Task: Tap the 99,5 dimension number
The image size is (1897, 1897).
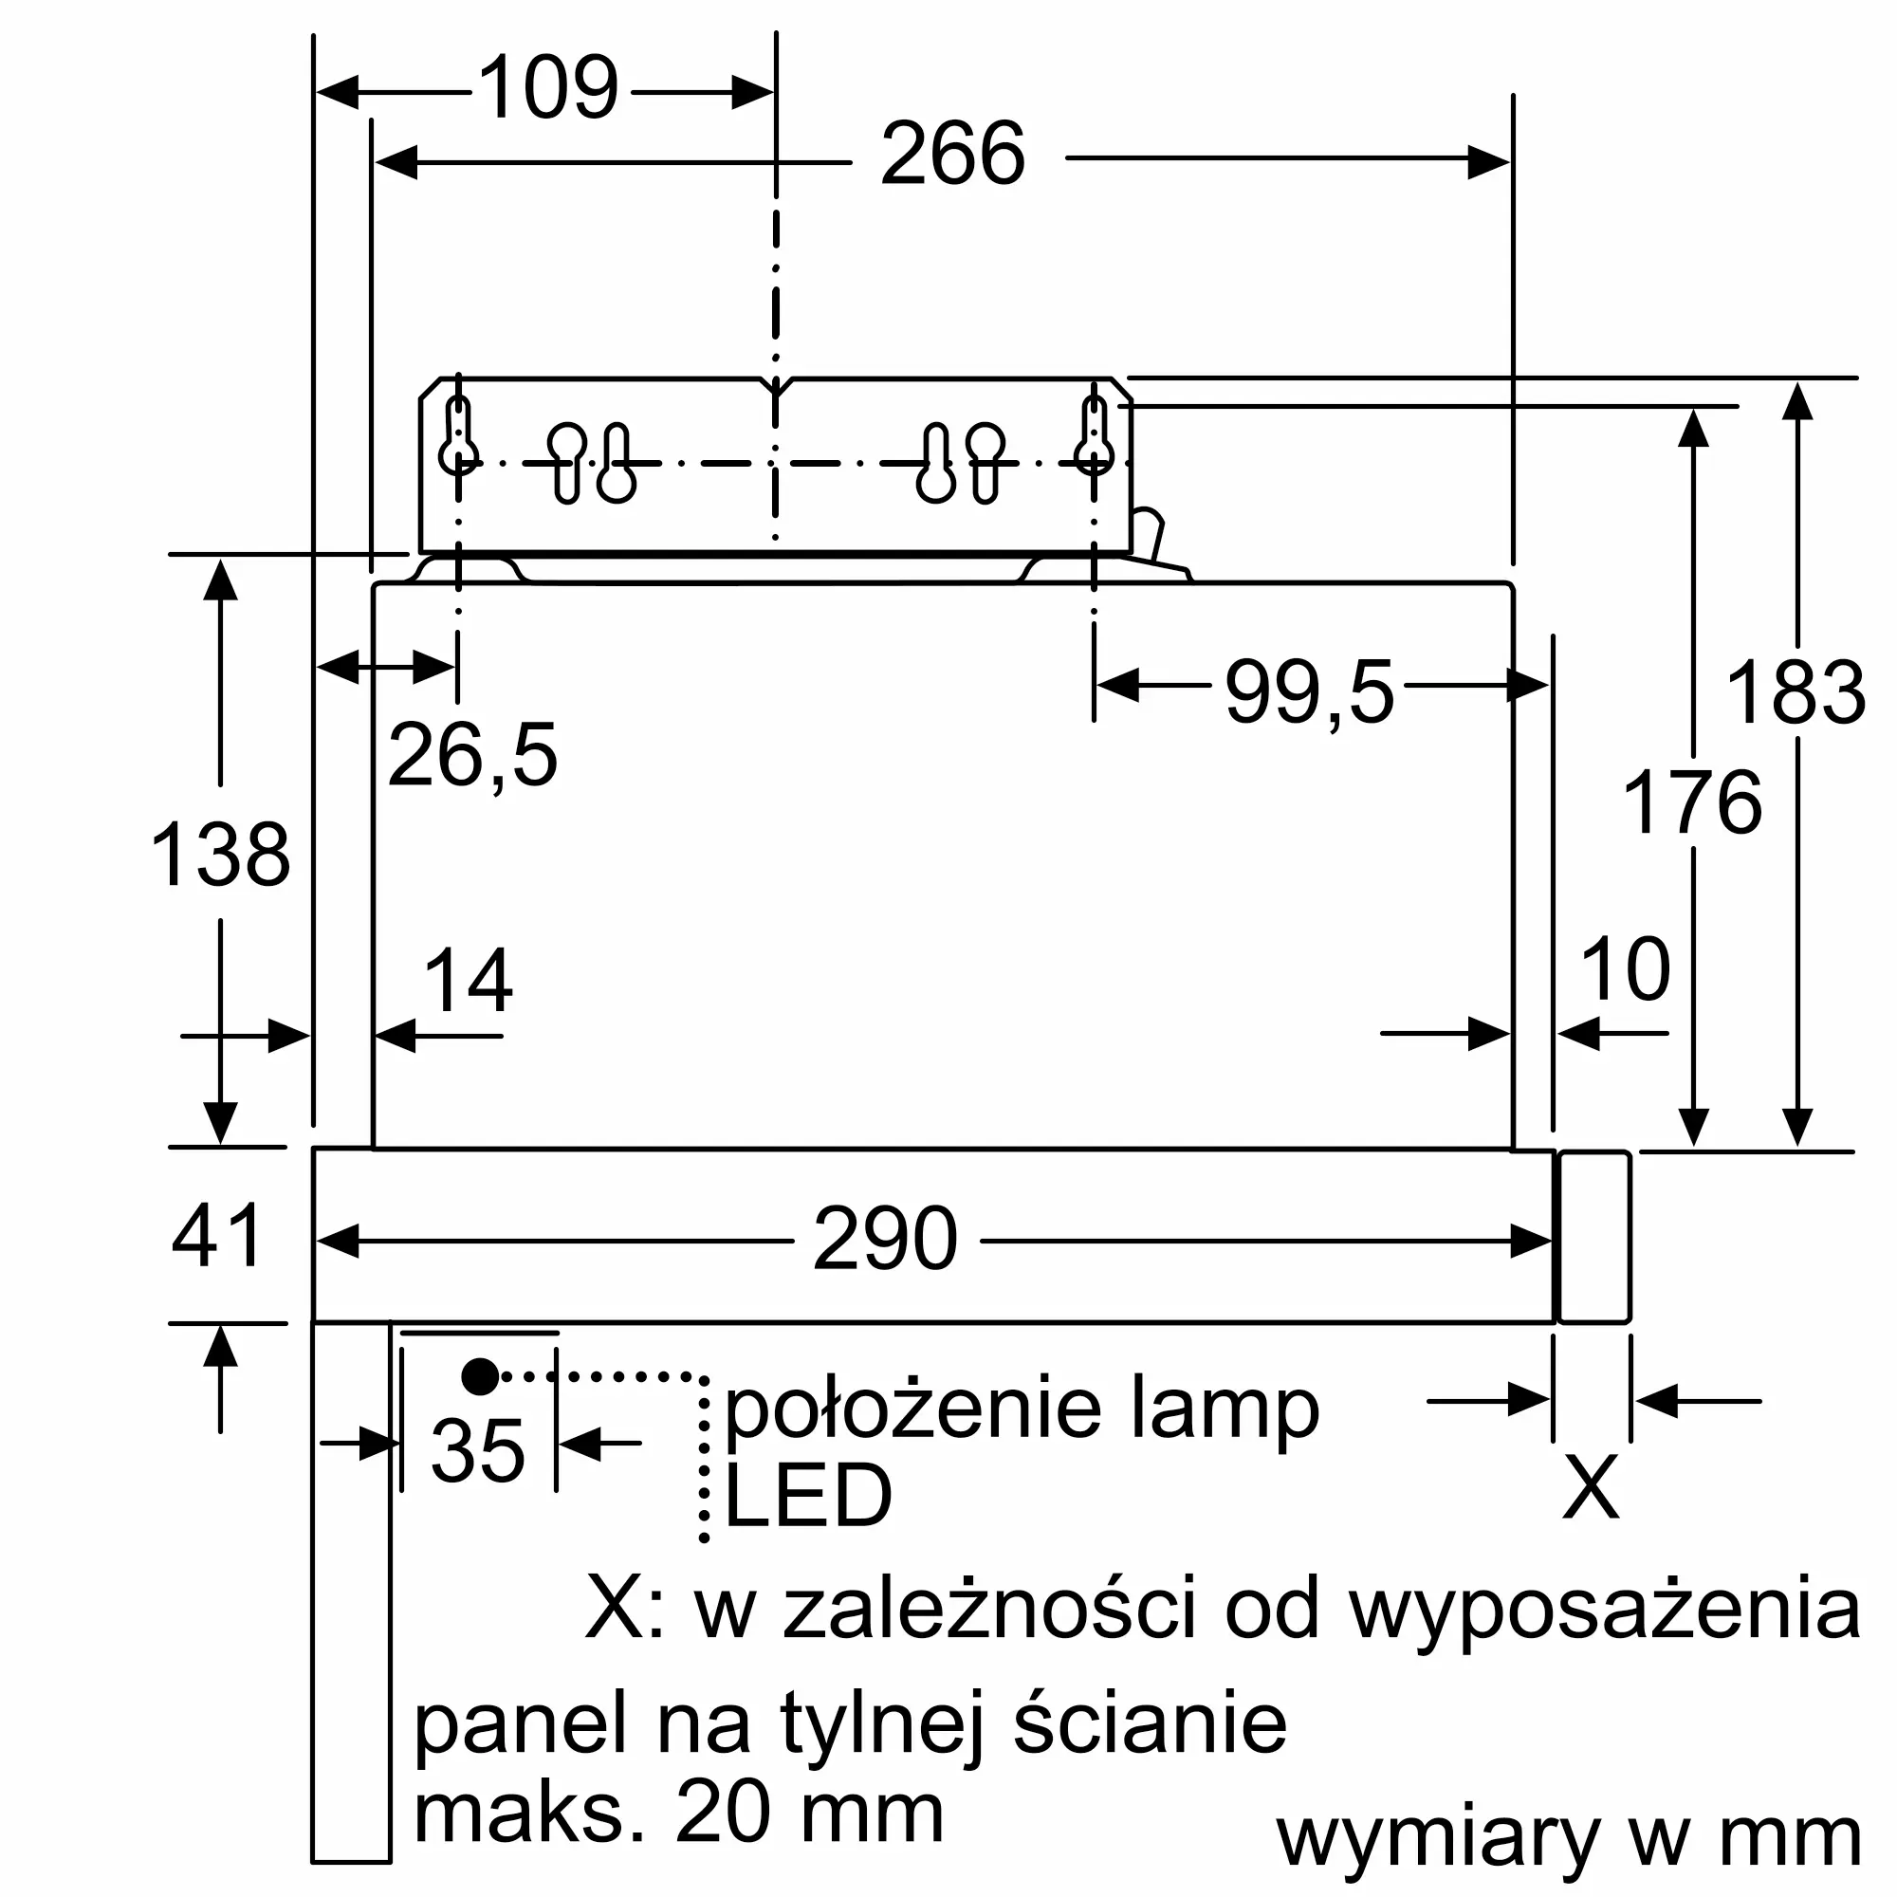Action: [x=1309, y=693]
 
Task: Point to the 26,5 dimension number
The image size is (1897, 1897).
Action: [x=472, y=755]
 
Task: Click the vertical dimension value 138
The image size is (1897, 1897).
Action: [x=220, y=856]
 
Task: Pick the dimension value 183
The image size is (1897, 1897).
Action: [x=1795, y=693]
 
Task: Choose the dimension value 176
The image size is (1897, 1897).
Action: [x=1692, y=803]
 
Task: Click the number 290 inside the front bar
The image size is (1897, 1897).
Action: [x=885, y=1240]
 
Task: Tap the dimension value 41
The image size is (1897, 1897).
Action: [x=217, y=1235]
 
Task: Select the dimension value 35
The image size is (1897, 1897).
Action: [x=478, y=1450]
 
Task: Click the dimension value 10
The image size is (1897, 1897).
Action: [x=1625, y=970]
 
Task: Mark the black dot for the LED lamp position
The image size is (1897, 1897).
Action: [x=479, y=1377]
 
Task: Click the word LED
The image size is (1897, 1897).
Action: [x=807, y=1497]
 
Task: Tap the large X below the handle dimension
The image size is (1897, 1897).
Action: [x=1590, y=1487]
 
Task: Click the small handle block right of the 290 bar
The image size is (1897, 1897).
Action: [x=1594, y=1237]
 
